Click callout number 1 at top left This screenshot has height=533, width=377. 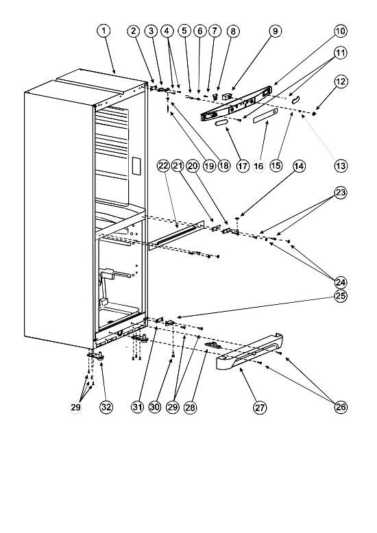click(x=104, y=31)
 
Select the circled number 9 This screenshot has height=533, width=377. click(x=276, y=31)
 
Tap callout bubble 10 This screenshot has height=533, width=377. click(x=340, y=31)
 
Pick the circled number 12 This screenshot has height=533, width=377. click(x=341, y=82)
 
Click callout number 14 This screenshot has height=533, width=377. click(x=299, y=166)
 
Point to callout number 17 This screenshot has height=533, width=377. click(x=242, y=166)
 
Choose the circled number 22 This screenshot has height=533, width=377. click(x=163, y=166)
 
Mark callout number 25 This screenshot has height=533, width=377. click(x=341, y=296)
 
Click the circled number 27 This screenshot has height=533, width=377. click(x=260, y=407)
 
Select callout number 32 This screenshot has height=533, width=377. click(x=106, y=407)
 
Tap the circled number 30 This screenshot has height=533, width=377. click(x=155, y=407)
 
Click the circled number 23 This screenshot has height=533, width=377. click(x=341, y=193)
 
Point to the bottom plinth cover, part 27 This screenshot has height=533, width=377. click(x=250, y=352)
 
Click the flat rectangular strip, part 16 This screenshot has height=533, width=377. click(x=265, y=115)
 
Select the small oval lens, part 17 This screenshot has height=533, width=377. click(x=221, y=123)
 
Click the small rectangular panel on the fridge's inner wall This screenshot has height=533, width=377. click(x=136, y=166)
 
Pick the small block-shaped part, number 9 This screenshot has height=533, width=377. click(x=227, y=97)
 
